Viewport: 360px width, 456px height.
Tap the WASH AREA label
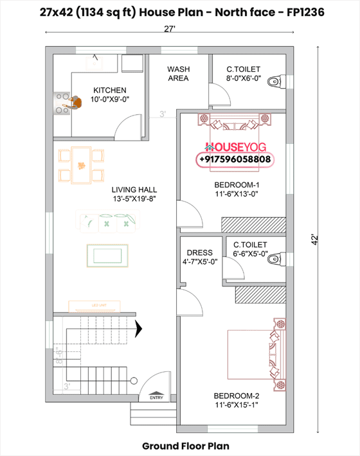(x=178, y=74)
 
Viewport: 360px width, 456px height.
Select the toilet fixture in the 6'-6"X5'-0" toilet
(x=274, y=260)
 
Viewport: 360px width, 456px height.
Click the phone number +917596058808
(x=235, y=159)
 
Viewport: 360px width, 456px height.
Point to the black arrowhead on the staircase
(x=138, y=329)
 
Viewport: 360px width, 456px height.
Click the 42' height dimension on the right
(x=332, y=238)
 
